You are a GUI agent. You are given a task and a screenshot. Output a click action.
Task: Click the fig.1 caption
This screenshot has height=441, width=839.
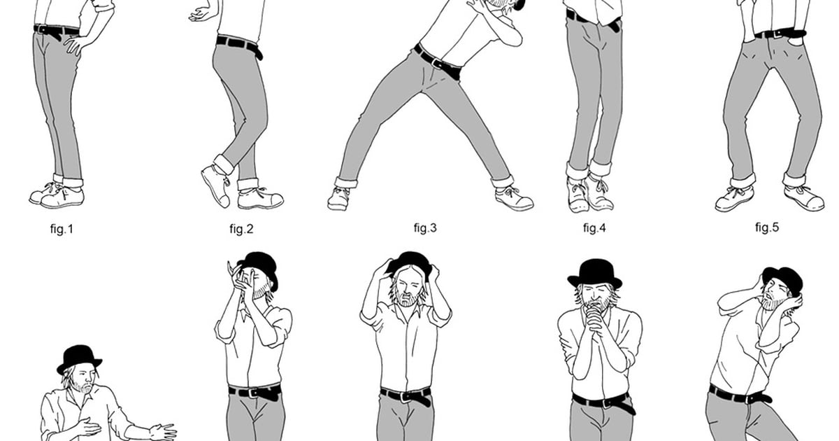[x=62, y=229]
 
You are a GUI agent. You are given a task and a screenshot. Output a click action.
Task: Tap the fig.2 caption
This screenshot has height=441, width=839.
[x=242, y=229]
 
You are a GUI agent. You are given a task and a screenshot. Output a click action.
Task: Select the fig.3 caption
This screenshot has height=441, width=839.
[x=425, y=227]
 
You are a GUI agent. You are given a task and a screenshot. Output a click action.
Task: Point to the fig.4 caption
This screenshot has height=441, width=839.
[x=594, y=227]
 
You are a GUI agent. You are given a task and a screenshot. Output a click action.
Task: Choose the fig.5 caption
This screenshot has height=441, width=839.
[x=767, y=227]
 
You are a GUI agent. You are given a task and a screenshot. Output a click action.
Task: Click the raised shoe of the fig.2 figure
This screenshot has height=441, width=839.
[x=216, y=186]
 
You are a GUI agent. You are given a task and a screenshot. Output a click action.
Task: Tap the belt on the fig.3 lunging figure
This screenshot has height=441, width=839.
[x=438, y=62]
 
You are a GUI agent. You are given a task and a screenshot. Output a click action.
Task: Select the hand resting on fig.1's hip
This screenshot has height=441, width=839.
[x=77, y=44]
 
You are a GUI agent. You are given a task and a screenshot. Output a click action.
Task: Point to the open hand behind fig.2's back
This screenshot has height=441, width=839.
[x=201, y=14]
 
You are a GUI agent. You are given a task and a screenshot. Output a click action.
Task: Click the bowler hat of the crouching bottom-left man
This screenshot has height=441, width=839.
[x=79, y=358]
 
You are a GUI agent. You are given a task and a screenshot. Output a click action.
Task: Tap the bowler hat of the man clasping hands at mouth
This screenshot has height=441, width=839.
[x=594, y=274]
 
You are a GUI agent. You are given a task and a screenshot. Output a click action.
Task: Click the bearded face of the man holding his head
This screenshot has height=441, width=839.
[x=407, y=288]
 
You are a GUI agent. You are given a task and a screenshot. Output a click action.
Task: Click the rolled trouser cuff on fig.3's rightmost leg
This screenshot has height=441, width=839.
[x=503, y=181]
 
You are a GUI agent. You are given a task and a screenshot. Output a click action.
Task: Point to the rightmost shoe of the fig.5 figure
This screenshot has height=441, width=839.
[x=805, y=199]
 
